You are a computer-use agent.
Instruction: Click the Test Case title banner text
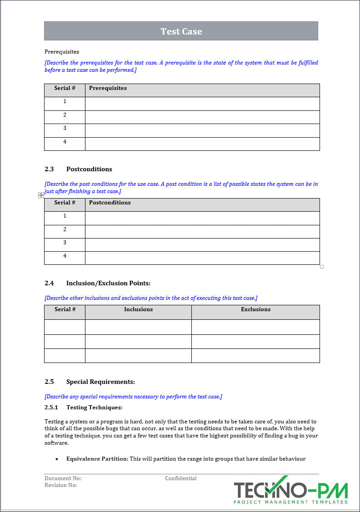click(x=181, y=31)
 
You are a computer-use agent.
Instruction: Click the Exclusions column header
click(x=255, y=309)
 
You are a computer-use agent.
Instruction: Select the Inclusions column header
click(x=138, y=309)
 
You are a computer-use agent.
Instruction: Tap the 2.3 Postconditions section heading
click(x=78, y=169)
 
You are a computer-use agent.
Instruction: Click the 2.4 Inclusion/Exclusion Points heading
click(x=97, y=283)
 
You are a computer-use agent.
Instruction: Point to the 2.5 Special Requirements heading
click(x=90, y=382)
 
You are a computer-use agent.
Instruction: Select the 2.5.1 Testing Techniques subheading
click(x=83, y=408)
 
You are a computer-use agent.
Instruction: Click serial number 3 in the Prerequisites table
click(x=65, y=129)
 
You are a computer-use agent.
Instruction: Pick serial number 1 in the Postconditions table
click(x=65, y=216)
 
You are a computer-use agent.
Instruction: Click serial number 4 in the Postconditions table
click(x=65, y=256)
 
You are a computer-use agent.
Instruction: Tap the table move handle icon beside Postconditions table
click(x=41, y=195)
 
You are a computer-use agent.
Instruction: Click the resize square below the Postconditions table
click(x=322, y=267)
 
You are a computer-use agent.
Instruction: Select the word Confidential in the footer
click(x=180, y=478)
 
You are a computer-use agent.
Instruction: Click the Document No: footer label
click(x=63, y=478)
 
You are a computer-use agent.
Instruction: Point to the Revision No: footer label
click(x=61, y=485)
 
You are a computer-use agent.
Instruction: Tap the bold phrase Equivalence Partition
click(x=97, y=459)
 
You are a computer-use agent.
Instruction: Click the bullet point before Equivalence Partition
click(x=57, y=459)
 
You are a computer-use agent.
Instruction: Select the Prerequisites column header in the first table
click(x=108, y=88)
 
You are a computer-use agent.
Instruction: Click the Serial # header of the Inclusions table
click(x=65, y=309)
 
